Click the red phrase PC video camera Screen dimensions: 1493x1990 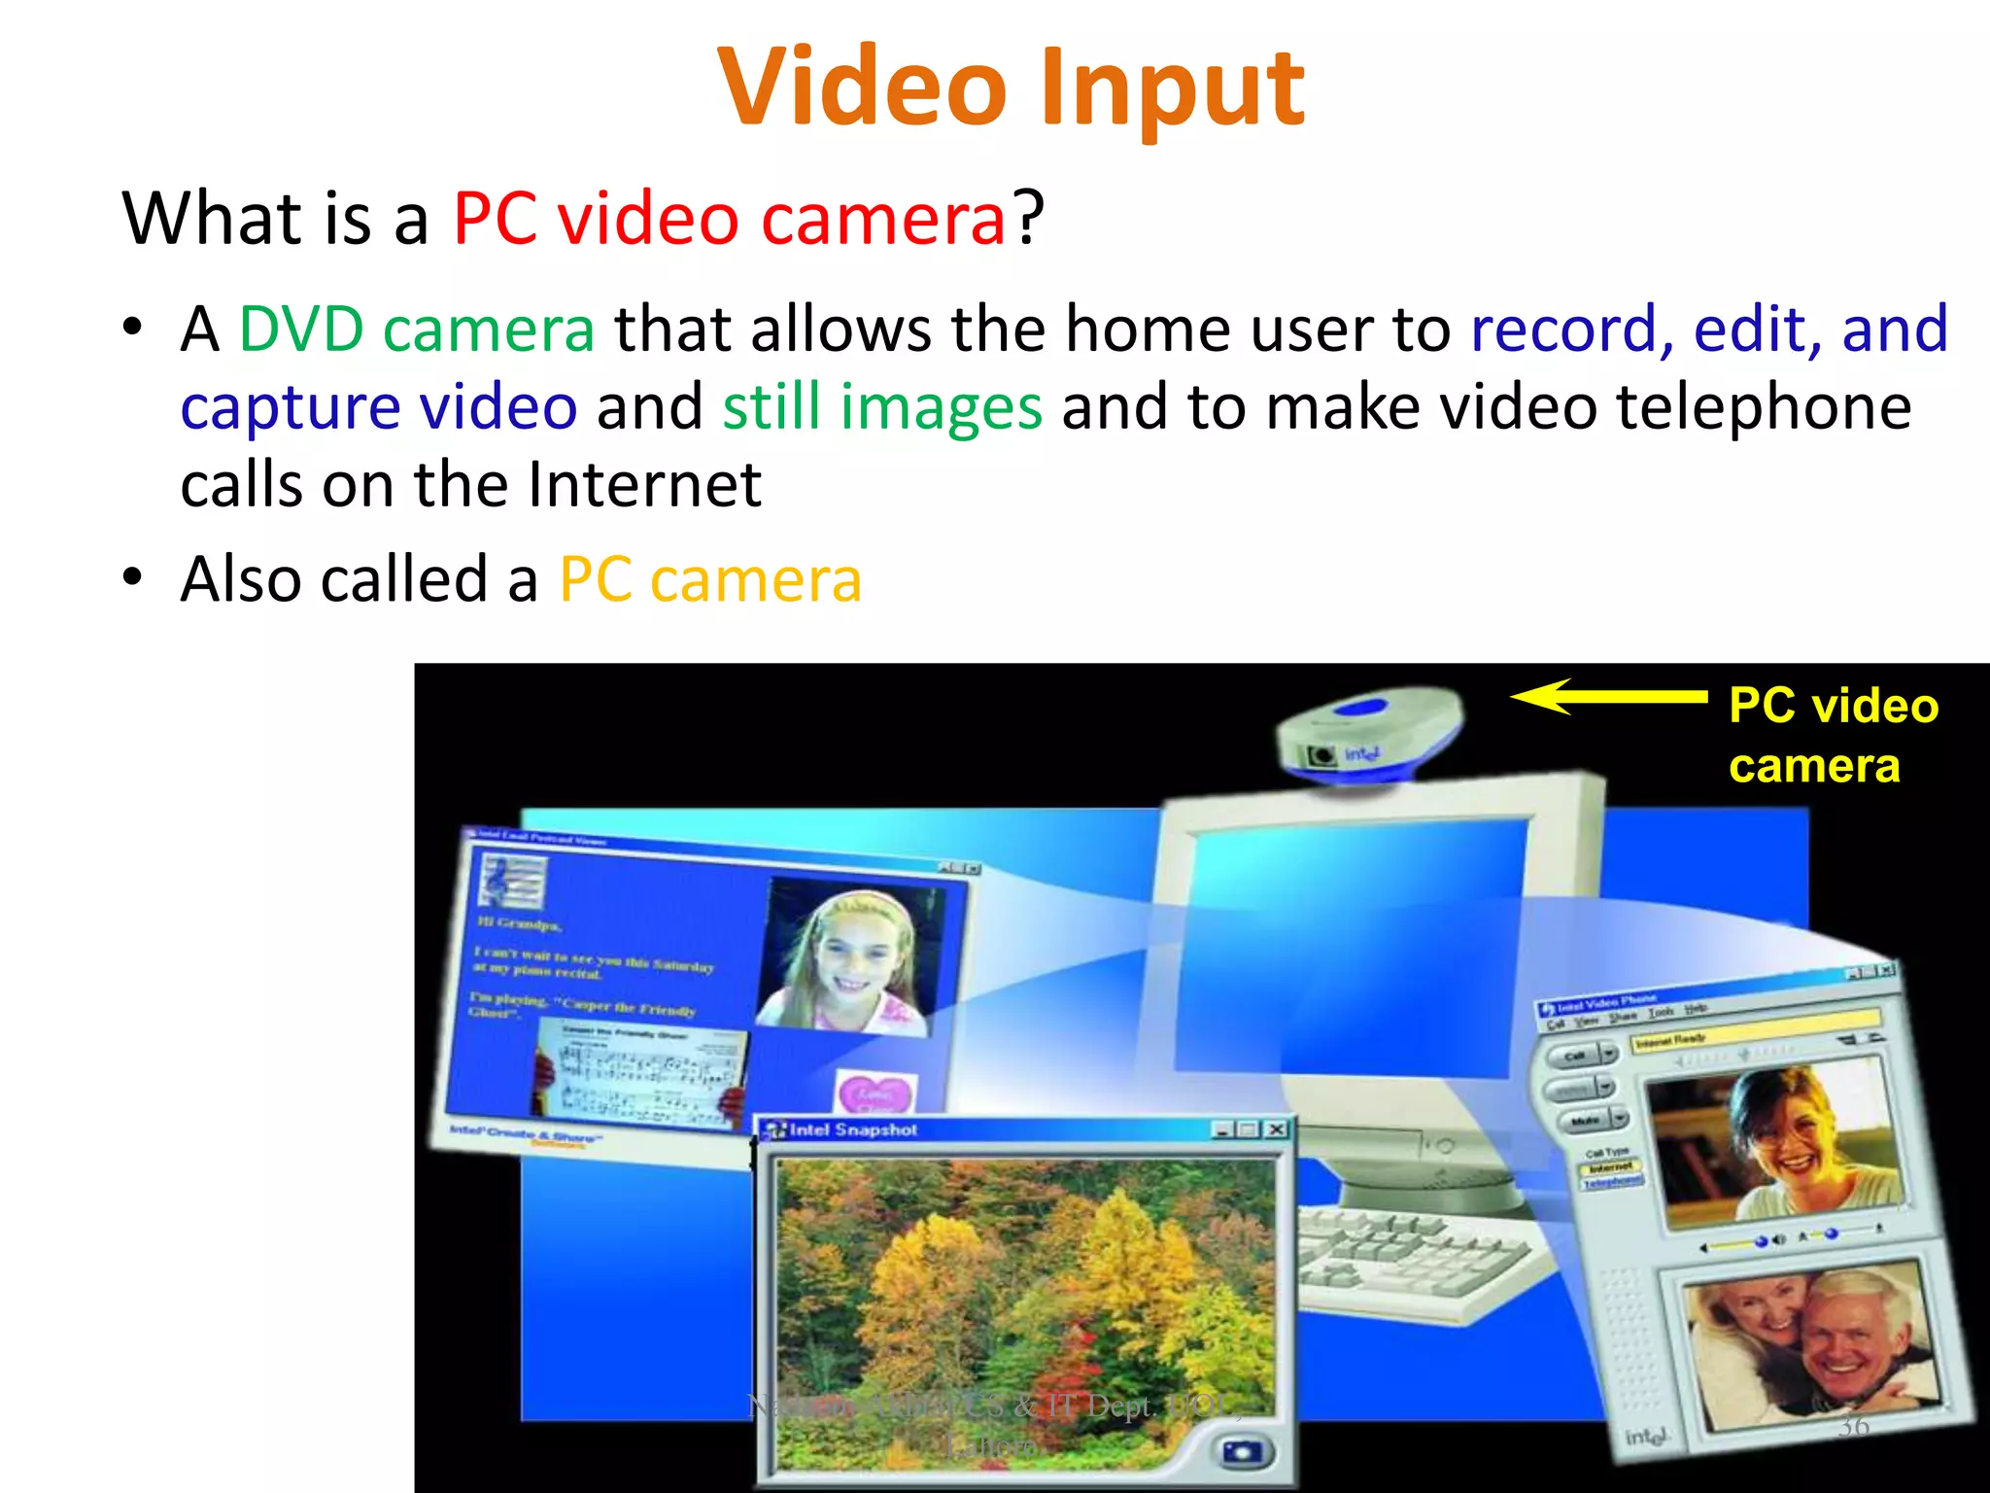[x=729, y=218]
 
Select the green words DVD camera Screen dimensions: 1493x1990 [x=417, y=329]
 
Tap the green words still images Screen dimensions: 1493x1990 [x=882, y=406]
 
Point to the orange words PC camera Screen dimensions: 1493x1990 [x=710, y=579]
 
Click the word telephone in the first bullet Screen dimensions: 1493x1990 [x=1764, y=406]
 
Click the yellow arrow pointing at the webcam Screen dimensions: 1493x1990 [x=1607, y=696]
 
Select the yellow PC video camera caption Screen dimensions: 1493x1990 [x=1833, y=735]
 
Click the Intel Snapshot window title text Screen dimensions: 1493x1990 [x=853, y=1129]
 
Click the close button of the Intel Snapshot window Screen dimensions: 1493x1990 [x=1277, y=1129]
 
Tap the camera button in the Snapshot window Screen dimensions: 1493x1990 [x=1242, y=1452]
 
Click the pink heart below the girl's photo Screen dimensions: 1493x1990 [x=875, y=1093]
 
